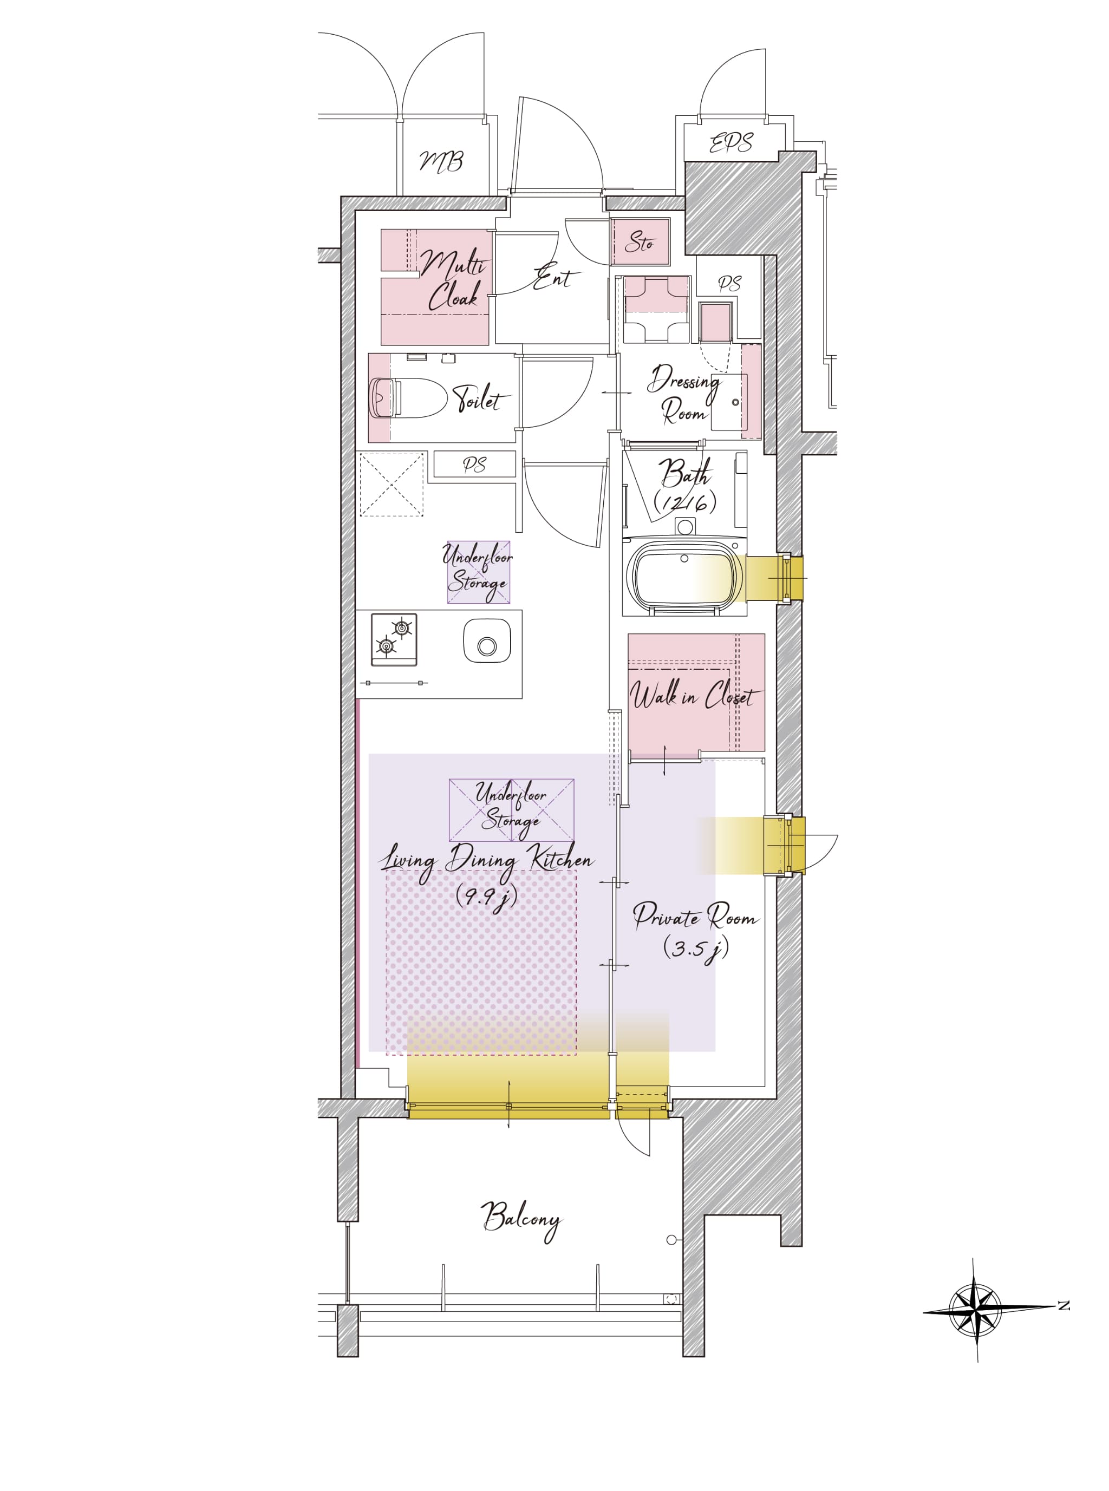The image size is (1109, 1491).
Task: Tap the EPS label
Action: [x=731, y=142]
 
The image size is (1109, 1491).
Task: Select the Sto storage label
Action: [x=639, y=242]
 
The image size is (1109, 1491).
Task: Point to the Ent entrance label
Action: [x=555, y=277]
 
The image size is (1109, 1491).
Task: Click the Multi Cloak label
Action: [x=453, y=280]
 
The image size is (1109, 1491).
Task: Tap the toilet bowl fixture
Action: [x=408, y=398]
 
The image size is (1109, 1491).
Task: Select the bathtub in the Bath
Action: [x=685, y=575]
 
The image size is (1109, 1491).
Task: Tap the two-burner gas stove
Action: [x=394, y=639]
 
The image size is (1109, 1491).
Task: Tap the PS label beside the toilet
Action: [x=474, y=465]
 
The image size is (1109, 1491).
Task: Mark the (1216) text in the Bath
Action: [x=685, y=502]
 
